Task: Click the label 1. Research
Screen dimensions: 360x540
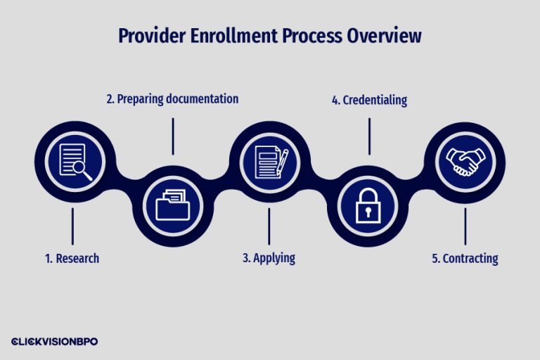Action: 72,258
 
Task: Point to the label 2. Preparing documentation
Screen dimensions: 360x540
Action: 172,99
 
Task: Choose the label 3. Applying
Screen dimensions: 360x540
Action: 269,258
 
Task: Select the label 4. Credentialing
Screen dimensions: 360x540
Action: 369,101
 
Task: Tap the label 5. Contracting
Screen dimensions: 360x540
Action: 465,259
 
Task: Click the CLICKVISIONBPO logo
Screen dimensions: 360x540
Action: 54,341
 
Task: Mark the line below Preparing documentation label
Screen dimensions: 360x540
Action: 173,136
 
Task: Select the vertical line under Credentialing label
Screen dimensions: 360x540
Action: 368,136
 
